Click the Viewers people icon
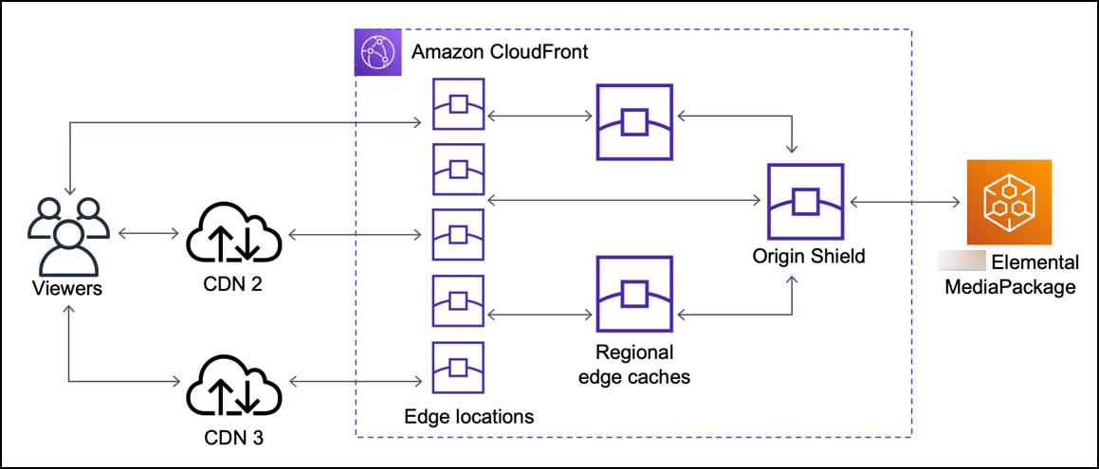pos(64,234)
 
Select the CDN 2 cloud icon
pos(233,233)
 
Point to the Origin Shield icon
pos(805,202)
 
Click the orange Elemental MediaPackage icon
pos(1008,202)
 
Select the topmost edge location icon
pos(458,103)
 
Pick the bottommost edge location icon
pos(458,367)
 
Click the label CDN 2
pos(233,286)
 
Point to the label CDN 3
pos(233,438)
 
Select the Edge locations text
pos(469,416)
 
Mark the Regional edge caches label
pos(634,365)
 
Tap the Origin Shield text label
pos(808,257)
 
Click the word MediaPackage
pos(1011,285)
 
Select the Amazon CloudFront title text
pos(500,51)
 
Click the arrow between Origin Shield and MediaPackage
pos(905,201)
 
